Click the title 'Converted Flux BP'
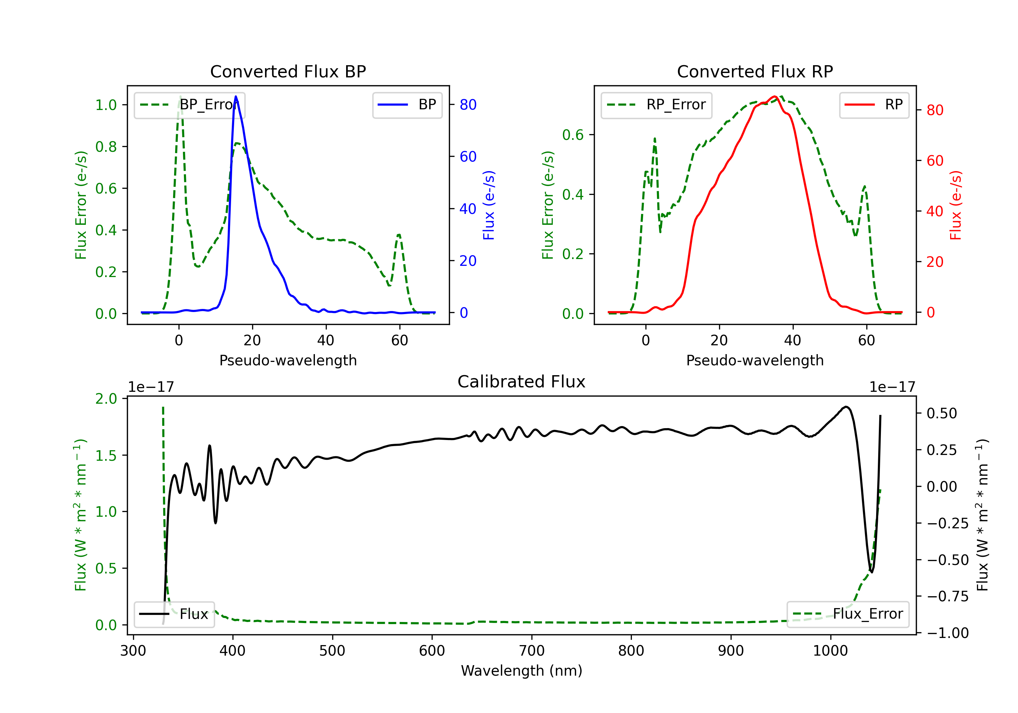point(288,71)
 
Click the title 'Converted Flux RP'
point(755,71)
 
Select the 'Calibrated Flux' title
point(522,382)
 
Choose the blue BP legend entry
point(407,105)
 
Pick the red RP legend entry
point(873,105)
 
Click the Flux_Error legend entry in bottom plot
point(847,614)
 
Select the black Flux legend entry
point(174,614)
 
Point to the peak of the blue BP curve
point(236,96)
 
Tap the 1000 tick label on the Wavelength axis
point(830,651)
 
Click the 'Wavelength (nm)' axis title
point(522,671)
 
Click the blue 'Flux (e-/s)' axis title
point(489,205)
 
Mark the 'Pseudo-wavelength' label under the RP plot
point(755,360)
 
